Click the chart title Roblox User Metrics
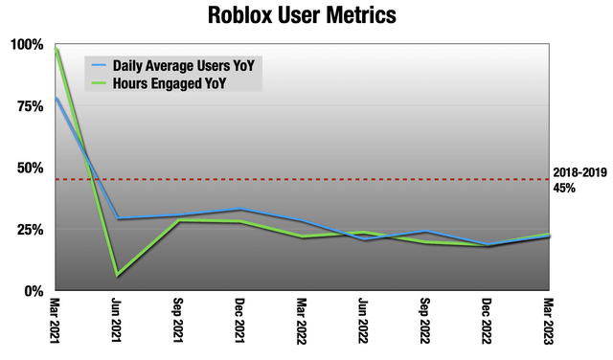tap(306, 16)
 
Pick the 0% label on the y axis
tap(34, 290)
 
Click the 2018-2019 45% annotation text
tap(578, 181)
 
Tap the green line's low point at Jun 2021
tap(118, 276)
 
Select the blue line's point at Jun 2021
tap(118, 219)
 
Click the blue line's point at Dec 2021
tap(241, 210)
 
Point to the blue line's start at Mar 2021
tap(57, 98)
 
